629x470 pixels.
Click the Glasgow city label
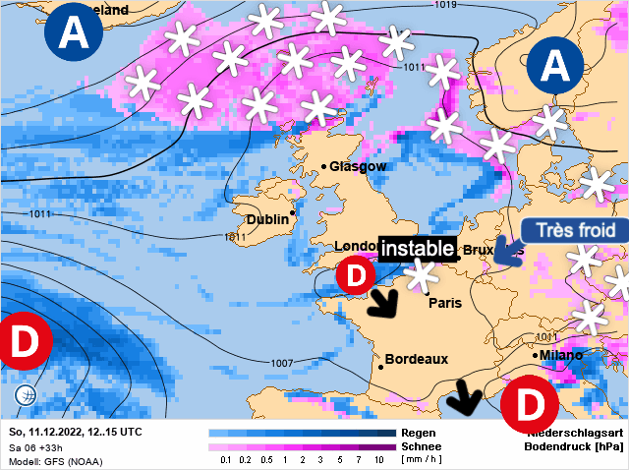pyautogui.click(x=358, y=166)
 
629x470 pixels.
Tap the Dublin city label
pyautogui.click(x=266, y=219)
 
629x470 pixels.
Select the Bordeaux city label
pyautogui.click(x=416, y=360)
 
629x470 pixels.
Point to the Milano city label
pyautogui.click(x=560, y=355)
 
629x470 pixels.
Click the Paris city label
pyautogui.click(x=444, y=303)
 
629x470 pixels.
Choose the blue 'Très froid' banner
pyautogui.click(x=574, y=231)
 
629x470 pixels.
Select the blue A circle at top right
pyautogui.click(x=556, y=65)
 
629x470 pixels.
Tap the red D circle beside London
pyautogui.click(x=355, y=274)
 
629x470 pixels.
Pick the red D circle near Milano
pyautogui.click(x=529, y=405)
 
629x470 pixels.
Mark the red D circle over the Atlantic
pyautogui.click(x=22, y=341)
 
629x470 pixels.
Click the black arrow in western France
pyautogui.click(x=383, y=303)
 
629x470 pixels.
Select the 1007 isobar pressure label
pyautogui.click(x=282, y=363)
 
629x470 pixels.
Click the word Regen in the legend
pyautogui.click(x=421, y=433)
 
